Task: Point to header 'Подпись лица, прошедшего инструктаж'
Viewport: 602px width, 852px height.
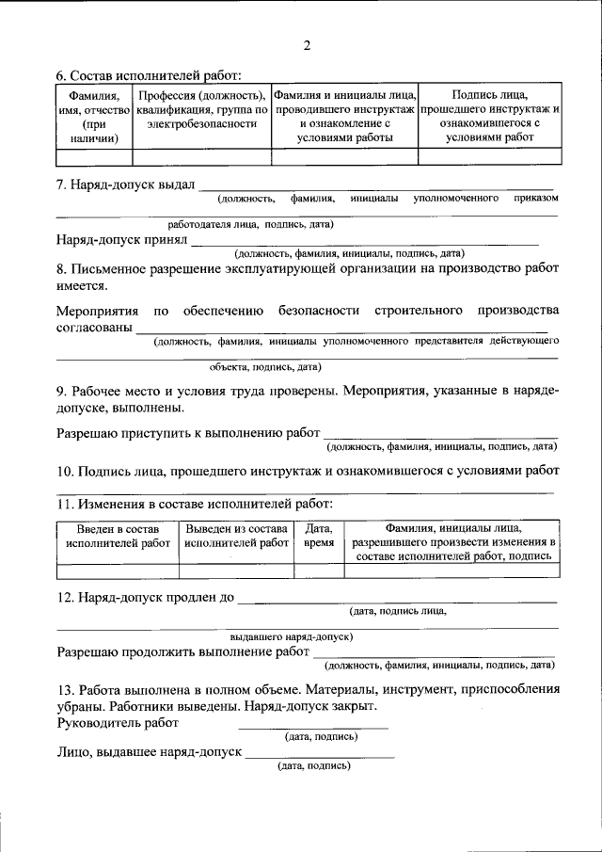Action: tap(489, 117)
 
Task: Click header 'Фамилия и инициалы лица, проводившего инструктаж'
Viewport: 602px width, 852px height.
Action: tap(344, 117)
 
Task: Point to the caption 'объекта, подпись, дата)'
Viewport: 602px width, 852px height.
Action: tap(266, 366)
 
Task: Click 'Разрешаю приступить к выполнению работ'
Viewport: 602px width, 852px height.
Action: tap(188, 432)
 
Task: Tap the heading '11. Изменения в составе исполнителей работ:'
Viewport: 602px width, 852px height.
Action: tap(188, 505)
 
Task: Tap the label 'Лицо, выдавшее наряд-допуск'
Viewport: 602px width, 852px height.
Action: tap(149, 752)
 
